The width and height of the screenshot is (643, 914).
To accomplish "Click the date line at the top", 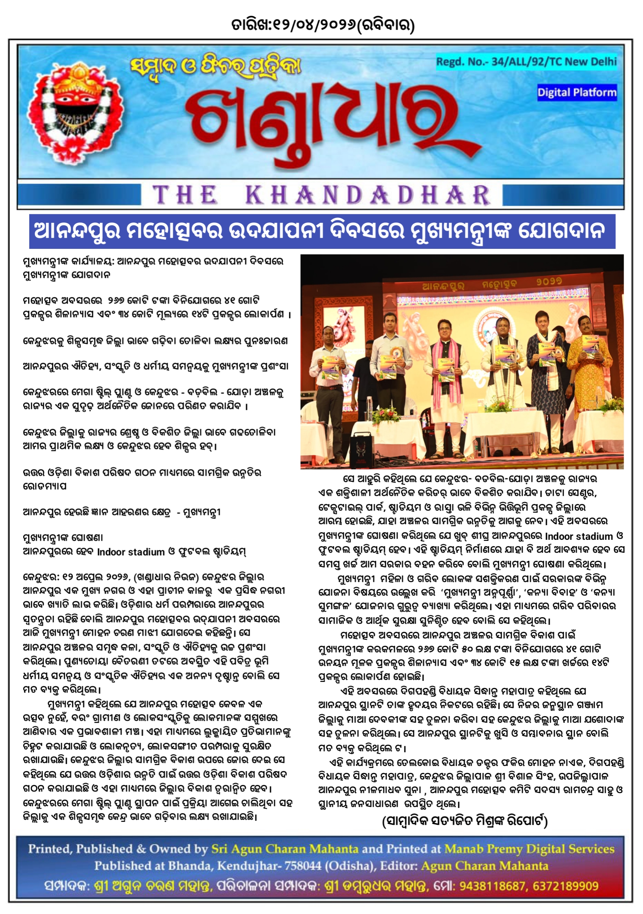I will [322, 25].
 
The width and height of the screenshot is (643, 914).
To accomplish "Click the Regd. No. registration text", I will [526, 62].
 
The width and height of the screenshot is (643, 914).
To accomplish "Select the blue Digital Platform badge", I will [577, 93].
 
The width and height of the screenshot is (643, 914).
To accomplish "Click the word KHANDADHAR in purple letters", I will [367, 195].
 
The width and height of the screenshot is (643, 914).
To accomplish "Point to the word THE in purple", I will [185, 195].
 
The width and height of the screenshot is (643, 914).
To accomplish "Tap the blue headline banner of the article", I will [322, 231].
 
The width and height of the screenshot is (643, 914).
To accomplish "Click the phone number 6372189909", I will [566, 886].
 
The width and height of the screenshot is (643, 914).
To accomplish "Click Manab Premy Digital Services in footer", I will [529, 849].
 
